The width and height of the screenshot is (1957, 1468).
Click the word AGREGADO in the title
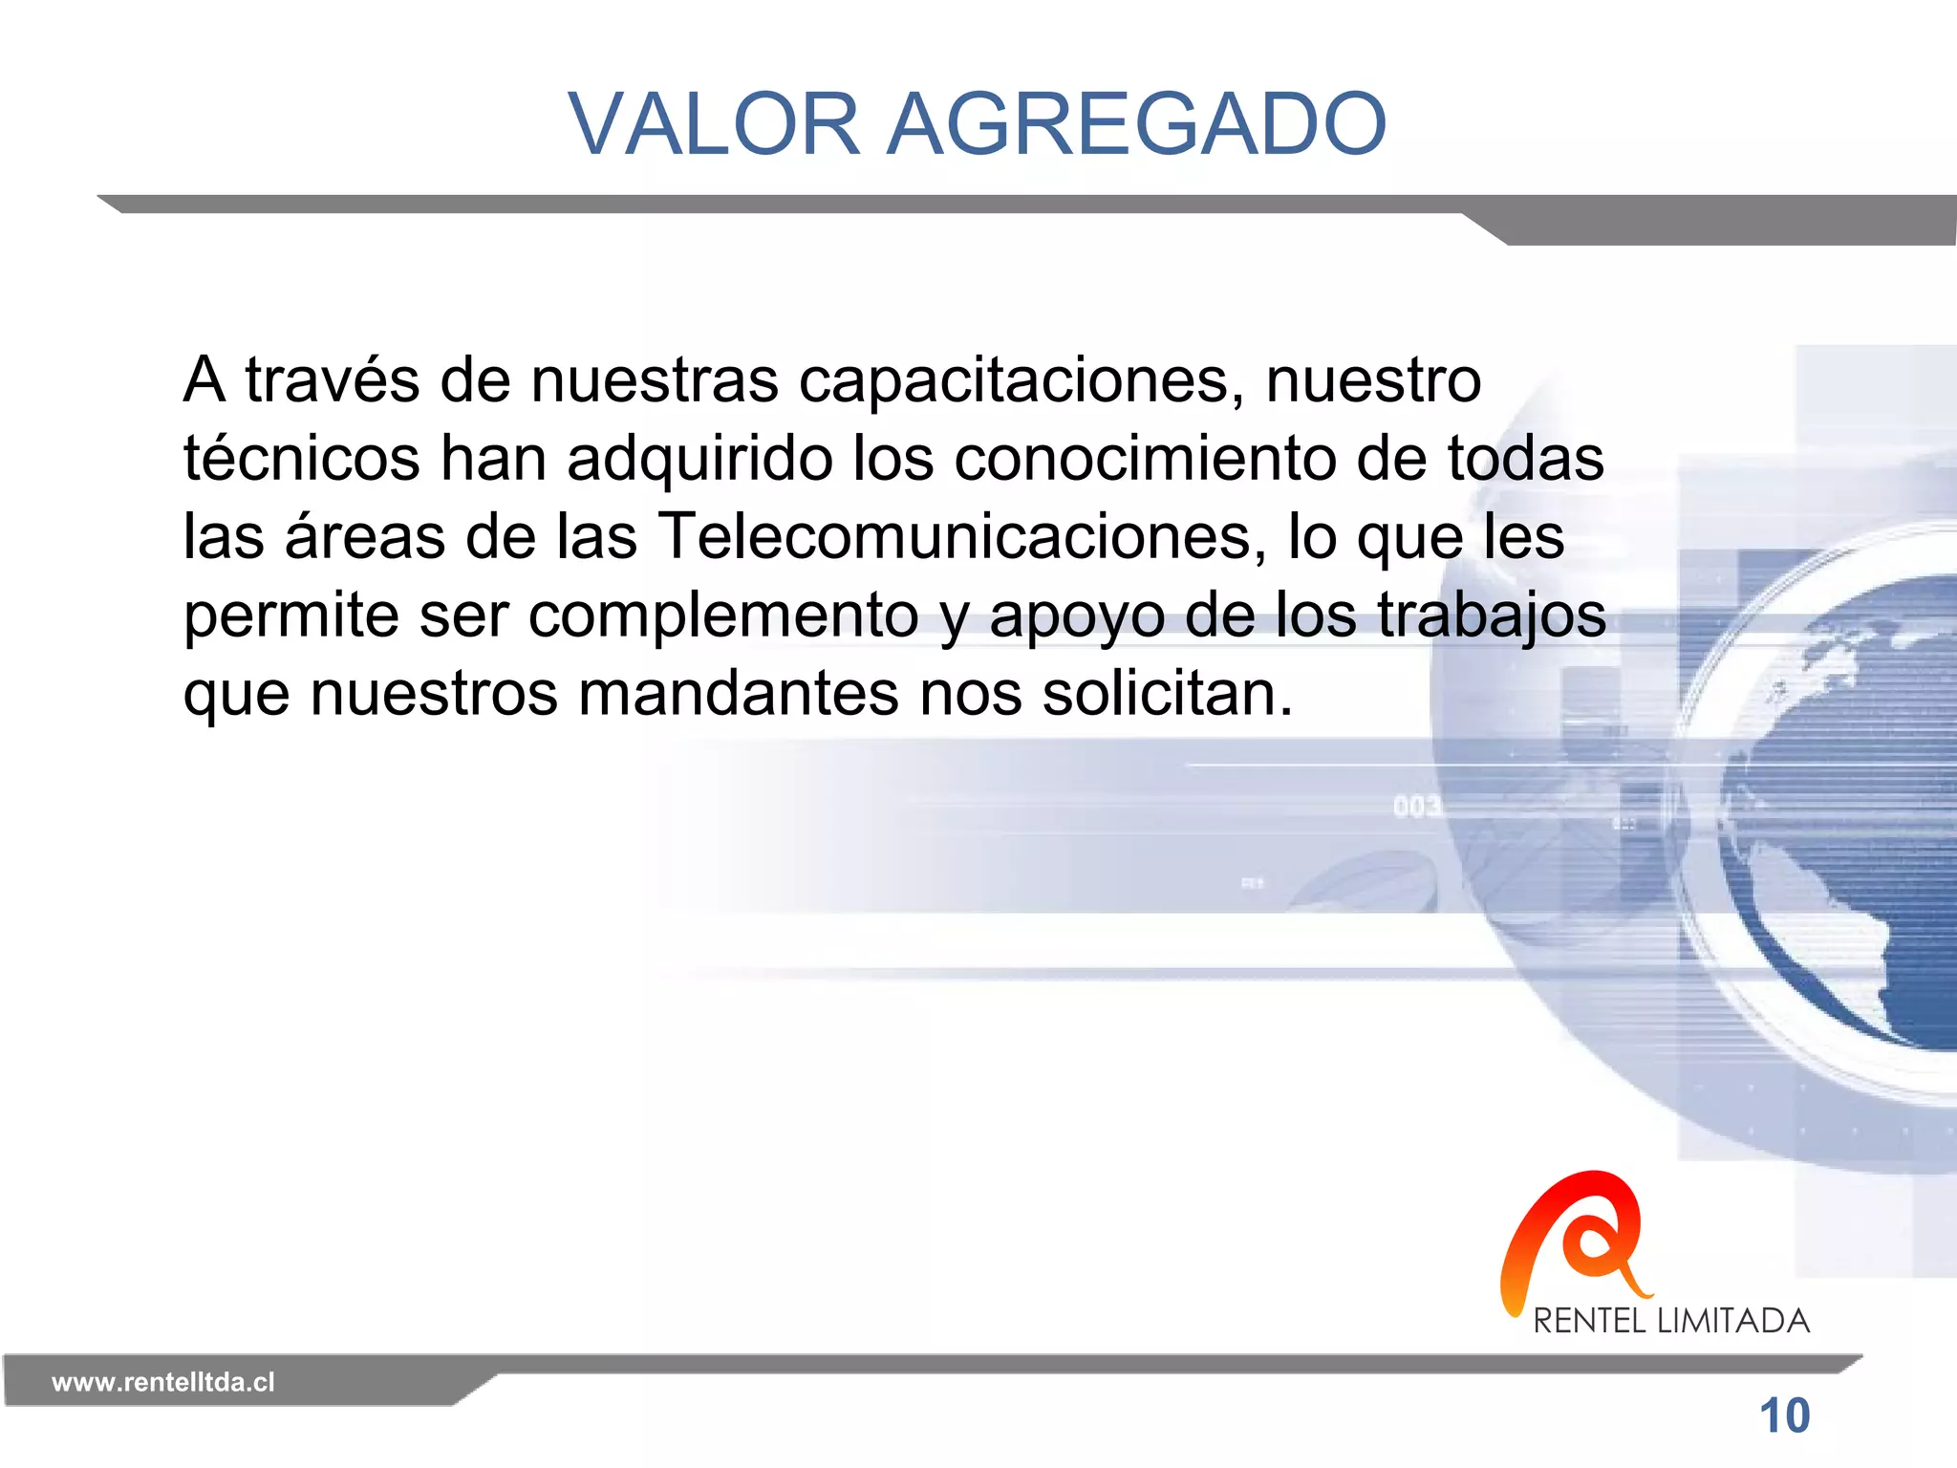(x=1136, y=124)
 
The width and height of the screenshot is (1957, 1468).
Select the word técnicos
(x=301, y=458)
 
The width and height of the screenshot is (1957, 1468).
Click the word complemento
(x=723, y=615)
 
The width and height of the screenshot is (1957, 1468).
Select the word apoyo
(x=1077, y=616)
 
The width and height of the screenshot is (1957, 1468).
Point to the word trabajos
(x=1491, y=615)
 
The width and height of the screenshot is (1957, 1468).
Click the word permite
(x=290, y=615)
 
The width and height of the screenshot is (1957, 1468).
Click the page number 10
(x=1784, y=1415)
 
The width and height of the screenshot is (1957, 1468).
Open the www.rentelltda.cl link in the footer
(x=162, y=1382)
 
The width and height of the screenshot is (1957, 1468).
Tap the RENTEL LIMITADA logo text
(x=1671, y=1321)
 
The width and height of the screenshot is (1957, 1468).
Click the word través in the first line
(x=332, y=380)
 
